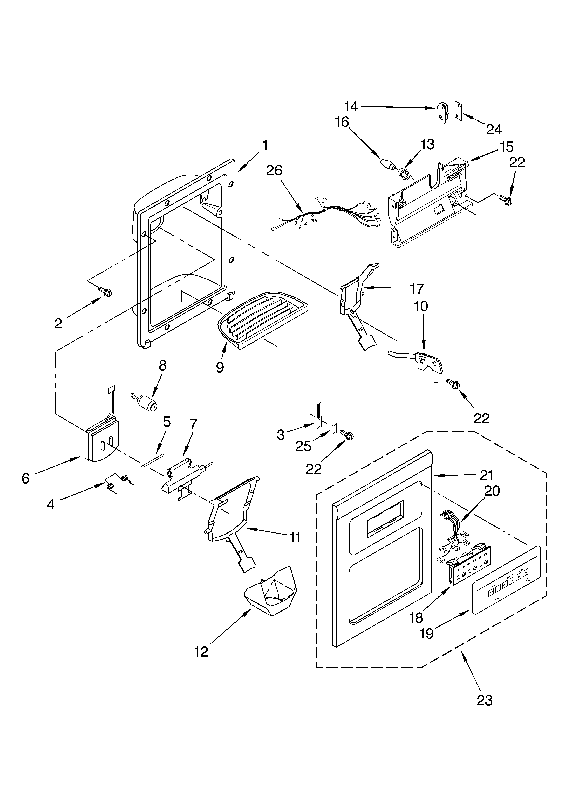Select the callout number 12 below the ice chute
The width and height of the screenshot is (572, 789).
pos(201,651)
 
